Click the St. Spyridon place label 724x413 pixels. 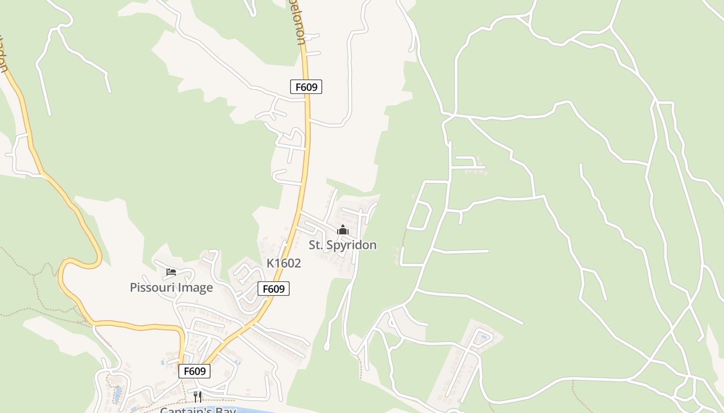(x=342, y=245)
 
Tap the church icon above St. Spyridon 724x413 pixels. (x=342, y=230)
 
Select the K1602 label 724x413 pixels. (x=283, y=263)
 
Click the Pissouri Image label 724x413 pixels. (x=171, y=288)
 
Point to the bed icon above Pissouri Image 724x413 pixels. (x=171, y=272)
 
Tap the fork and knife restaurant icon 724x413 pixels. (x=198, y=396)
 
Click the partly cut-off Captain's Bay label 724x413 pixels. (x=198, y=410)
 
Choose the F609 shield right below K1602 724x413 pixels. (x=273, y=289)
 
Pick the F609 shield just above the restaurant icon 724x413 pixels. (x=194, y=371)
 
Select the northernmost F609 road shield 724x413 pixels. (x=306, y=87)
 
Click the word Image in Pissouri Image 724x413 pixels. (x=196, y=288)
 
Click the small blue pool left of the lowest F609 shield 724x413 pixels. (x=163, y=362)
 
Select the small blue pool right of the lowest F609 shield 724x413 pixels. (x=237, y=362)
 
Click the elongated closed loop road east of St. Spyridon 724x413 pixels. (x=419, y=215)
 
